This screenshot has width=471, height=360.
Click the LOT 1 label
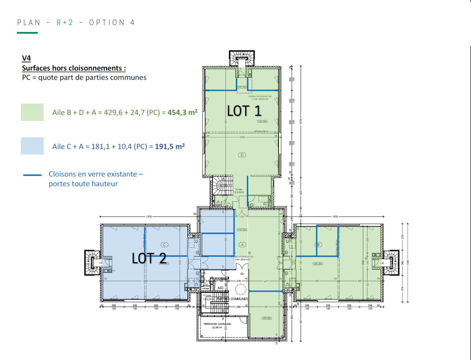tap(244, 111)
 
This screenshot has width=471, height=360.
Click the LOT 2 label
tap(149, 258)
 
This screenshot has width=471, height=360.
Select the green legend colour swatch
tap(32, 112)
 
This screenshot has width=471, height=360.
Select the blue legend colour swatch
tap(32, 146)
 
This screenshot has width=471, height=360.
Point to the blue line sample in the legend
tap(32, 175)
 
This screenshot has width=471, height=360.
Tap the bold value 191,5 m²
tap(170, 146)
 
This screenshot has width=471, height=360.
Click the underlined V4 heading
tap(26, 58)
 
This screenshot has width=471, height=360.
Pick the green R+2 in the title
tap(65, 23)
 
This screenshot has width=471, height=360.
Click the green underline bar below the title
tap(27, 33)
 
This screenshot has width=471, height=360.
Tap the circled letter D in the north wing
tap(242, 155)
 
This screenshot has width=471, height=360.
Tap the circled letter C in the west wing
tap(164, 245)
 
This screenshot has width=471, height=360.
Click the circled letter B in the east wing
tap(319, 245)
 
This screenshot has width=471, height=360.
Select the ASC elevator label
tap(220, 288)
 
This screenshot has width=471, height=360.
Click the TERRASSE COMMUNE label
tap(217, 324)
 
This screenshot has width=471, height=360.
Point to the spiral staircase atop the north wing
tap(242, 57)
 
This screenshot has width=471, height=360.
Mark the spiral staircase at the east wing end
tap(391, 262)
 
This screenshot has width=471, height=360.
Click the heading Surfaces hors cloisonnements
tap(74, 68)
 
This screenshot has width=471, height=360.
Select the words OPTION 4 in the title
tap(112, 23)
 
